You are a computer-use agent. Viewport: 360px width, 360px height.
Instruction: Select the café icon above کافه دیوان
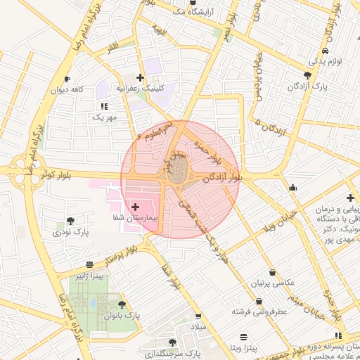[67, 79]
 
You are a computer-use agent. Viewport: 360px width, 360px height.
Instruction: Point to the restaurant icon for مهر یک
[104, 106]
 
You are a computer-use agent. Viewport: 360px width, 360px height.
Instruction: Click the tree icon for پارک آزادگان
[307, 75]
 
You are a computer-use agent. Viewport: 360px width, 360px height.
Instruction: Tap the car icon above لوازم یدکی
[325, 51]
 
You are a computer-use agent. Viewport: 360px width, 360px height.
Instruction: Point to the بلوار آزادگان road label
[222, 179]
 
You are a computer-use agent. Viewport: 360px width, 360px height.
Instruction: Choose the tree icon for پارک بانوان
[123, 305]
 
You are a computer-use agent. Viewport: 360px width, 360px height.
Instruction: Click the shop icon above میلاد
[198, 316]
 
